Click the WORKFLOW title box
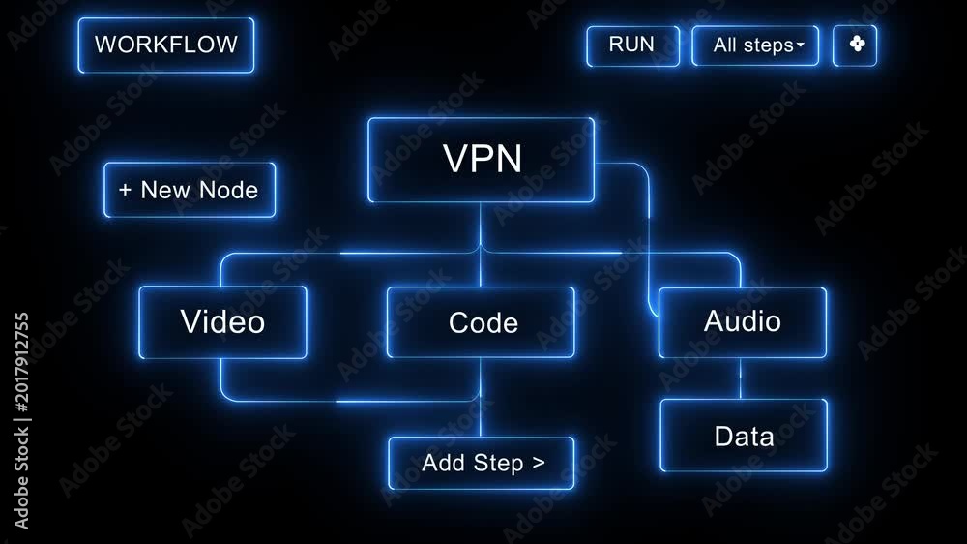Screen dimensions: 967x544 pos(166,45)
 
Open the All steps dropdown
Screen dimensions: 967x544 pos(755,45)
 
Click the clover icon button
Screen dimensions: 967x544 pos(855,45)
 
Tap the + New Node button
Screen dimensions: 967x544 pos(190,190)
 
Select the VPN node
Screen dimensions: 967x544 pos(481,160)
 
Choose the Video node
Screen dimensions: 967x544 pos(222,321)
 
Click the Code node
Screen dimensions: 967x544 pos(481,322)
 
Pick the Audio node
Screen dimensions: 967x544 pos(743,322)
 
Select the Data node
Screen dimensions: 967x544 pos(744,436)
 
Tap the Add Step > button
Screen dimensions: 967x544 pos(481,463)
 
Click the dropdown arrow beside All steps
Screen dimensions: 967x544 pos(801,45)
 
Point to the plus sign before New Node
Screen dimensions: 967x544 pos(125,190)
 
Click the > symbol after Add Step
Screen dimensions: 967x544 pos(539,463)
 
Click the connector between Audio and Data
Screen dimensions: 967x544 pos(741,378)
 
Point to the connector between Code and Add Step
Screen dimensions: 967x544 pos(481,398)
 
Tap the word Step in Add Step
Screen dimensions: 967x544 pos(498,463)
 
